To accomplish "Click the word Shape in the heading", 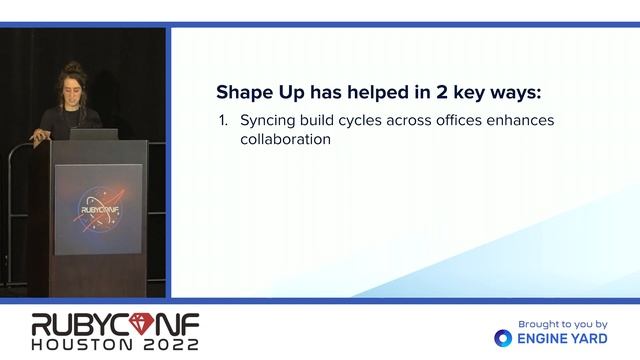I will (x=240, y=92).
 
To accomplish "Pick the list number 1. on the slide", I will (x=223, y=120).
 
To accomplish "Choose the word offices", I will (x=452, y=120).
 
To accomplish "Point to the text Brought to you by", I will (x=563, y=324).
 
